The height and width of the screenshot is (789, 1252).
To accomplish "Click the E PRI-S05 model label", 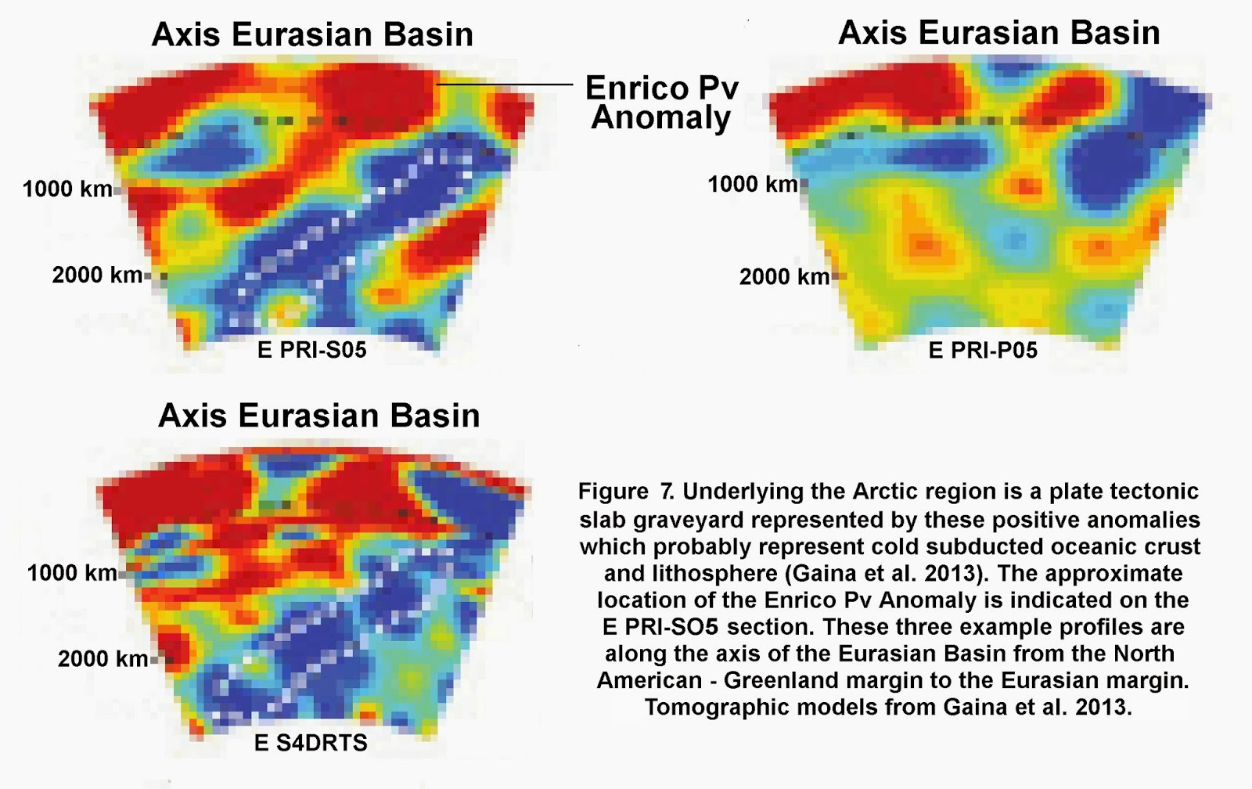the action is [x=312, y=350].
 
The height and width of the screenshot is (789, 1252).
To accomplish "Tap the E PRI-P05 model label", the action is [x=983, y=351].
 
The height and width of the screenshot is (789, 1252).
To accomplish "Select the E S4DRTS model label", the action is [x=311, y=743].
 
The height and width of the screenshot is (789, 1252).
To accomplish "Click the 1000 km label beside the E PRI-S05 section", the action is [x=67, y=189].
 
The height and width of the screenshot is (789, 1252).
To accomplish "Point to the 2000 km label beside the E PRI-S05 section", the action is [x=97, y=275].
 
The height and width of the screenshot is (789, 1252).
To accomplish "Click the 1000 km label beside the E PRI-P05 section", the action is [x=753, y=184].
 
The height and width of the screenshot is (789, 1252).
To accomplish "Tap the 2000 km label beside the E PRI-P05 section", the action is [x=784, y=277].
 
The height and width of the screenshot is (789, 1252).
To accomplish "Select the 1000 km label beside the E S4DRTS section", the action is [x=72, y=573].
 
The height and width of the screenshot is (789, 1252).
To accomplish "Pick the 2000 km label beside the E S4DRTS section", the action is [x=103, y=659].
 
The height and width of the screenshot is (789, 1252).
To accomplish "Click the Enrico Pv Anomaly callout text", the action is [x=662, y=103].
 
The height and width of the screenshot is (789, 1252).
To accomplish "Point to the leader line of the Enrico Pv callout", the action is [x=505, y=85].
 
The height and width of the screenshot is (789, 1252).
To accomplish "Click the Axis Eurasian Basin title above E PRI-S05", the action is [x=312, y=34].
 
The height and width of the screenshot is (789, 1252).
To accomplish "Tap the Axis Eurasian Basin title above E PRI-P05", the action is [x=998, y=32].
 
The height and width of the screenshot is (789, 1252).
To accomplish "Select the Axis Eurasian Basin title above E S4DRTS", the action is [x=319, y=416].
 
